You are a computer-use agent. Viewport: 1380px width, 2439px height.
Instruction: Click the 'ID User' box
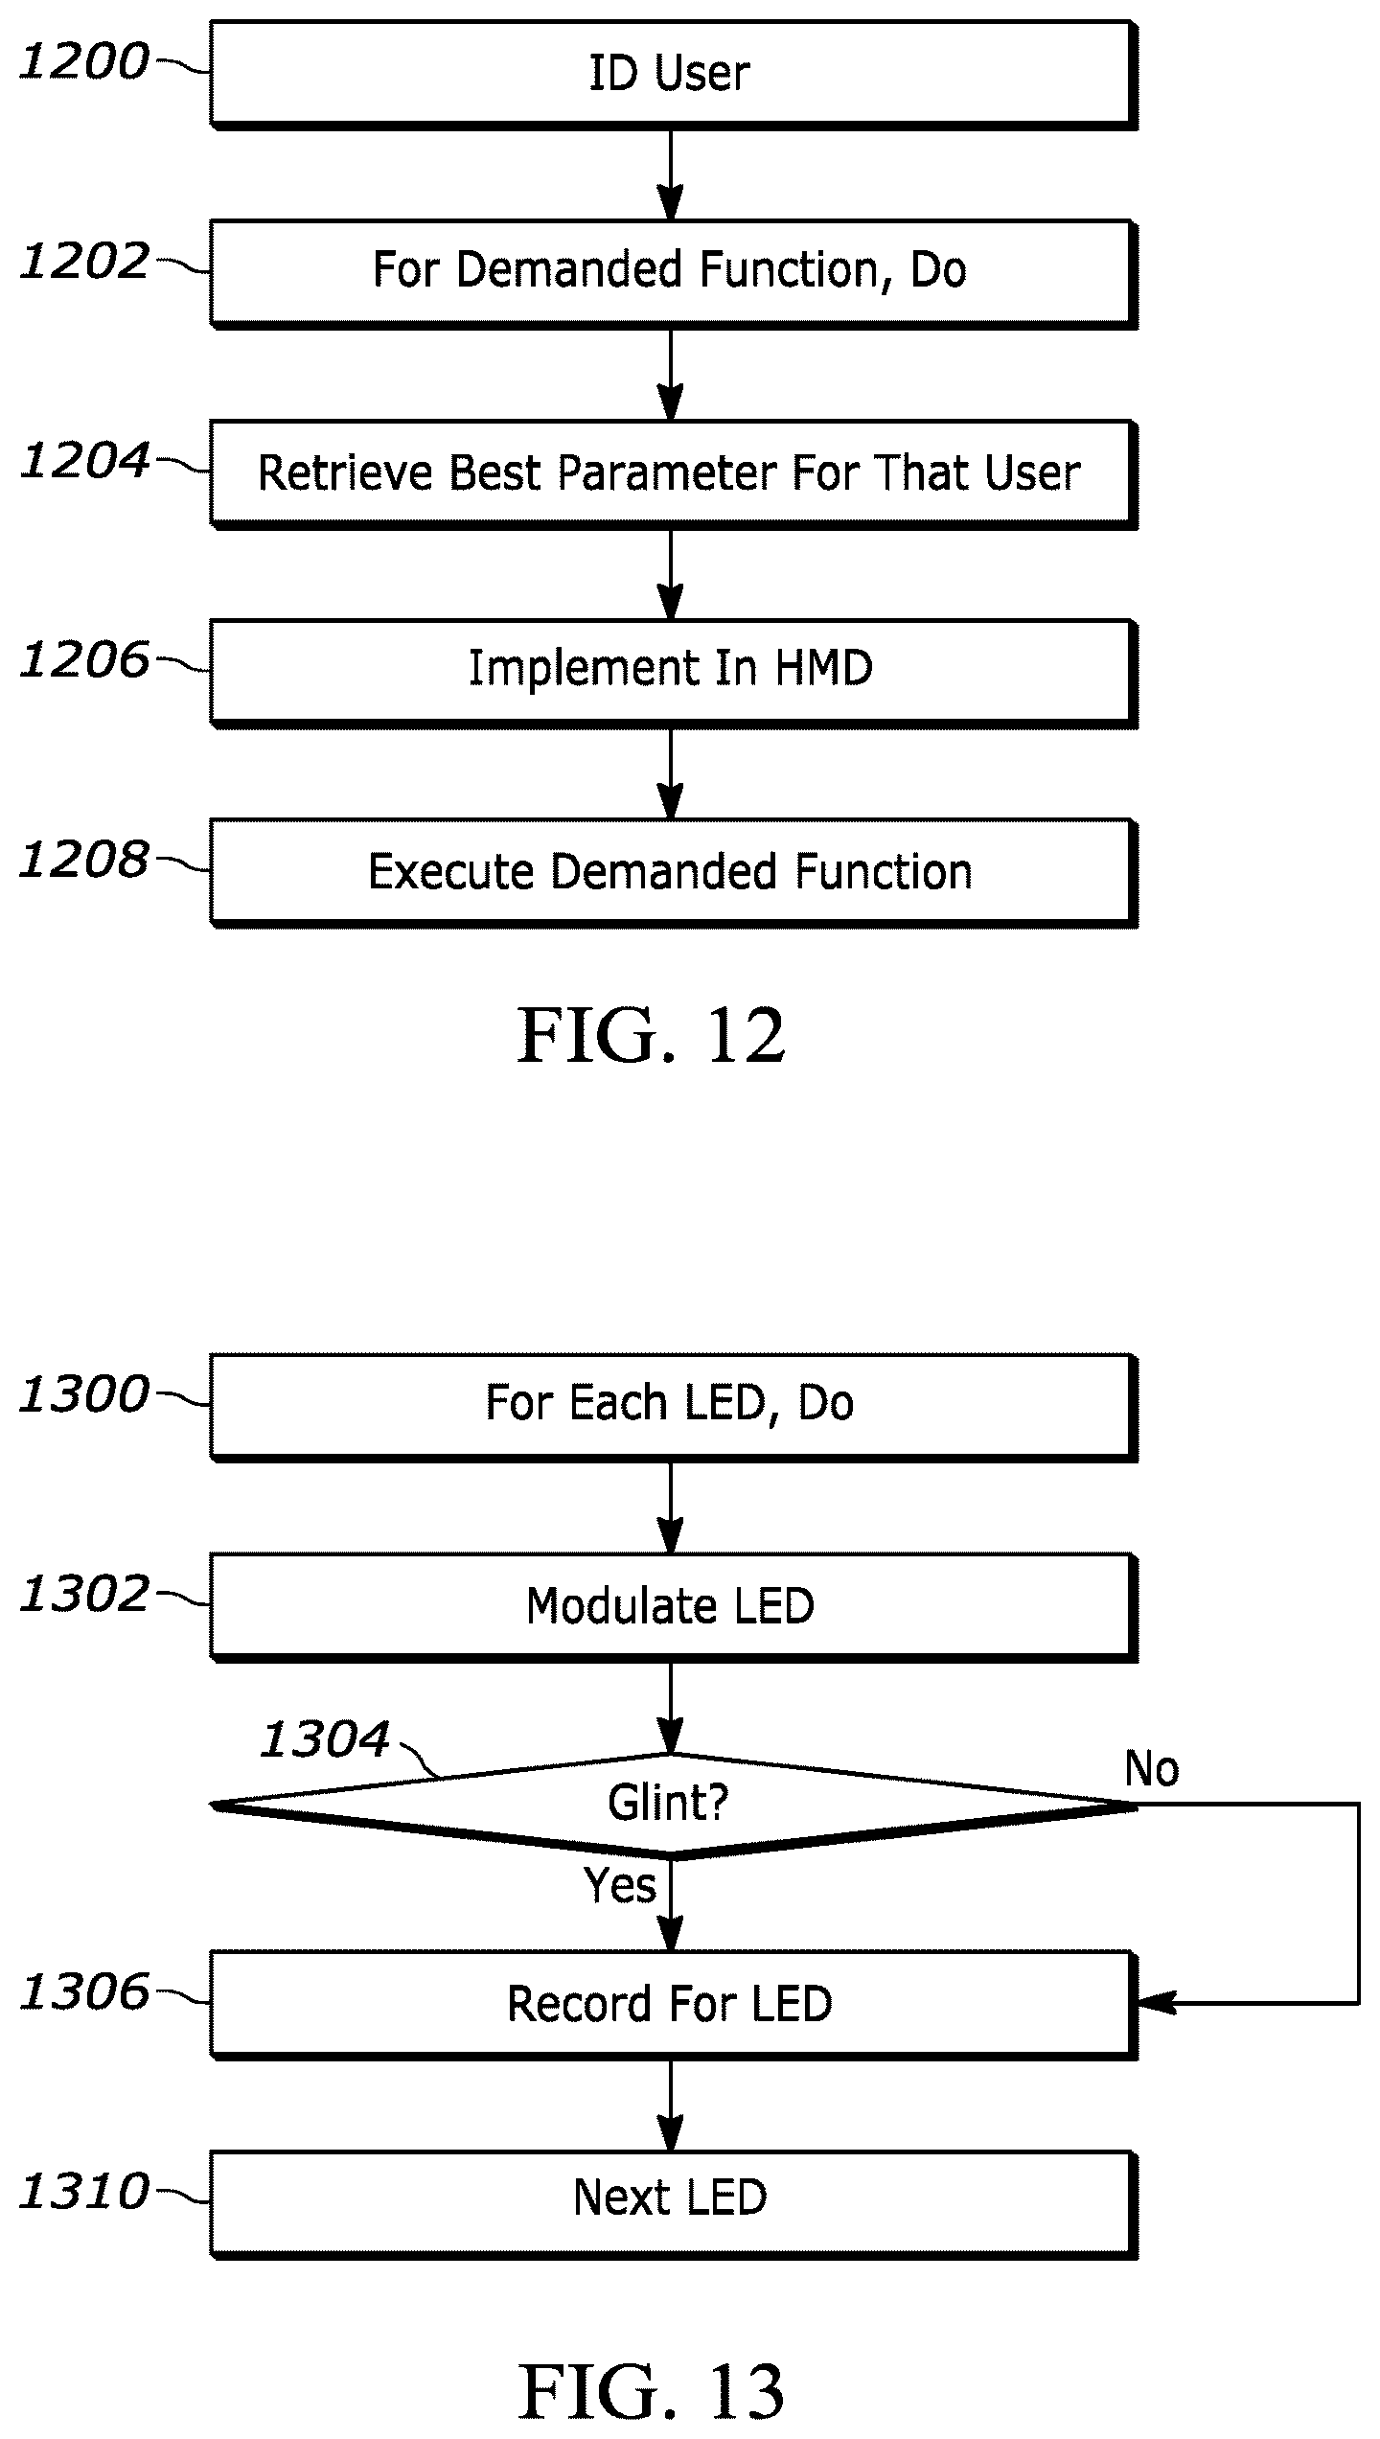(x=674, y=75)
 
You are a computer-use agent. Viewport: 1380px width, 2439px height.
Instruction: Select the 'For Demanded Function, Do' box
(x=674, y=274)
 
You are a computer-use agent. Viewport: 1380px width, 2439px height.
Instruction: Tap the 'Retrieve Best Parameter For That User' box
(x=674, y=473)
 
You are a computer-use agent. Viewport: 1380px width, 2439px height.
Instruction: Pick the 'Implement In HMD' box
(x=674, y=673)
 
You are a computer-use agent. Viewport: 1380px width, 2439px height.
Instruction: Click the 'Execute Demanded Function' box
(x=674, y=872)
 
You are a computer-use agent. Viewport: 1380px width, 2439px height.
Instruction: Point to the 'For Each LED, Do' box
(x=674, y=1407)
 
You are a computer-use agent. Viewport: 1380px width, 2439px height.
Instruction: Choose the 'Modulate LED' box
(x=674, y=1606)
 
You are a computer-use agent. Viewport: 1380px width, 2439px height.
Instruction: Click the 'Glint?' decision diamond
(x=674, y=1806)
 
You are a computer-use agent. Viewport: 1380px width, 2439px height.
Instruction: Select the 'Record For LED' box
(x=674, y=2005)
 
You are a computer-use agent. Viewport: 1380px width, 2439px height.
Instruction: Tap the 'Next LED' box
(x=674, y=2204)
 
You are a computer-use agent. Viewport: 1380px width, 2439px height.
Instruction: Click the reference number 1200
(x=84, y=62)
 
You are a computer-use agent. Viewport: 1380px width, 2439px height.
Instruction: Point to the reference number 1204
(x=84, y=461)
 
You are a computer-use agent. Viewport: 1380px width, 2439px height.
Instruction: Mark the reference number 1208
(x=84, y=860)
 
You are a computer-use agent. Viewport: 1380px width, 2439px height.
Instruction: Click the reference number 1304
(x=326, y=1739)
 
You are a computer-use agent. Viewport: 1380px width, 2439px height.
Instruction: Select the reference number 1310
(x=84, y=2192)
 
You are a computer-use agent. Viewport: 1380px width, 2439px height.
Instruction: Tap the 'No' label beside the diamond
(x=1152, y=1769)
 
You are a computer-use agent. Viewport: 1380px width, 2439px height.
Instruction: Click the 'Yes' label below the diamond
(x=620, y=1886)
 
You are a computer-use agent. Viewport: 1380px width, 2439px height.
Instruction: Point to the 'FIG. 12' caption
(x=652, y=1036)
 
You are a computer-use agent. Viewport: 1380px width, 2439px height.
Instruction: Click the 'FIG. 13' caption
(x=652, y=2392)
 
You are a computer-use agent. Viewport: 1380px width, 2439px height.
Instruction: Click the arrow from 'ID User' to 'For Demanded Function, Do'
(x=671, y=175)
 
